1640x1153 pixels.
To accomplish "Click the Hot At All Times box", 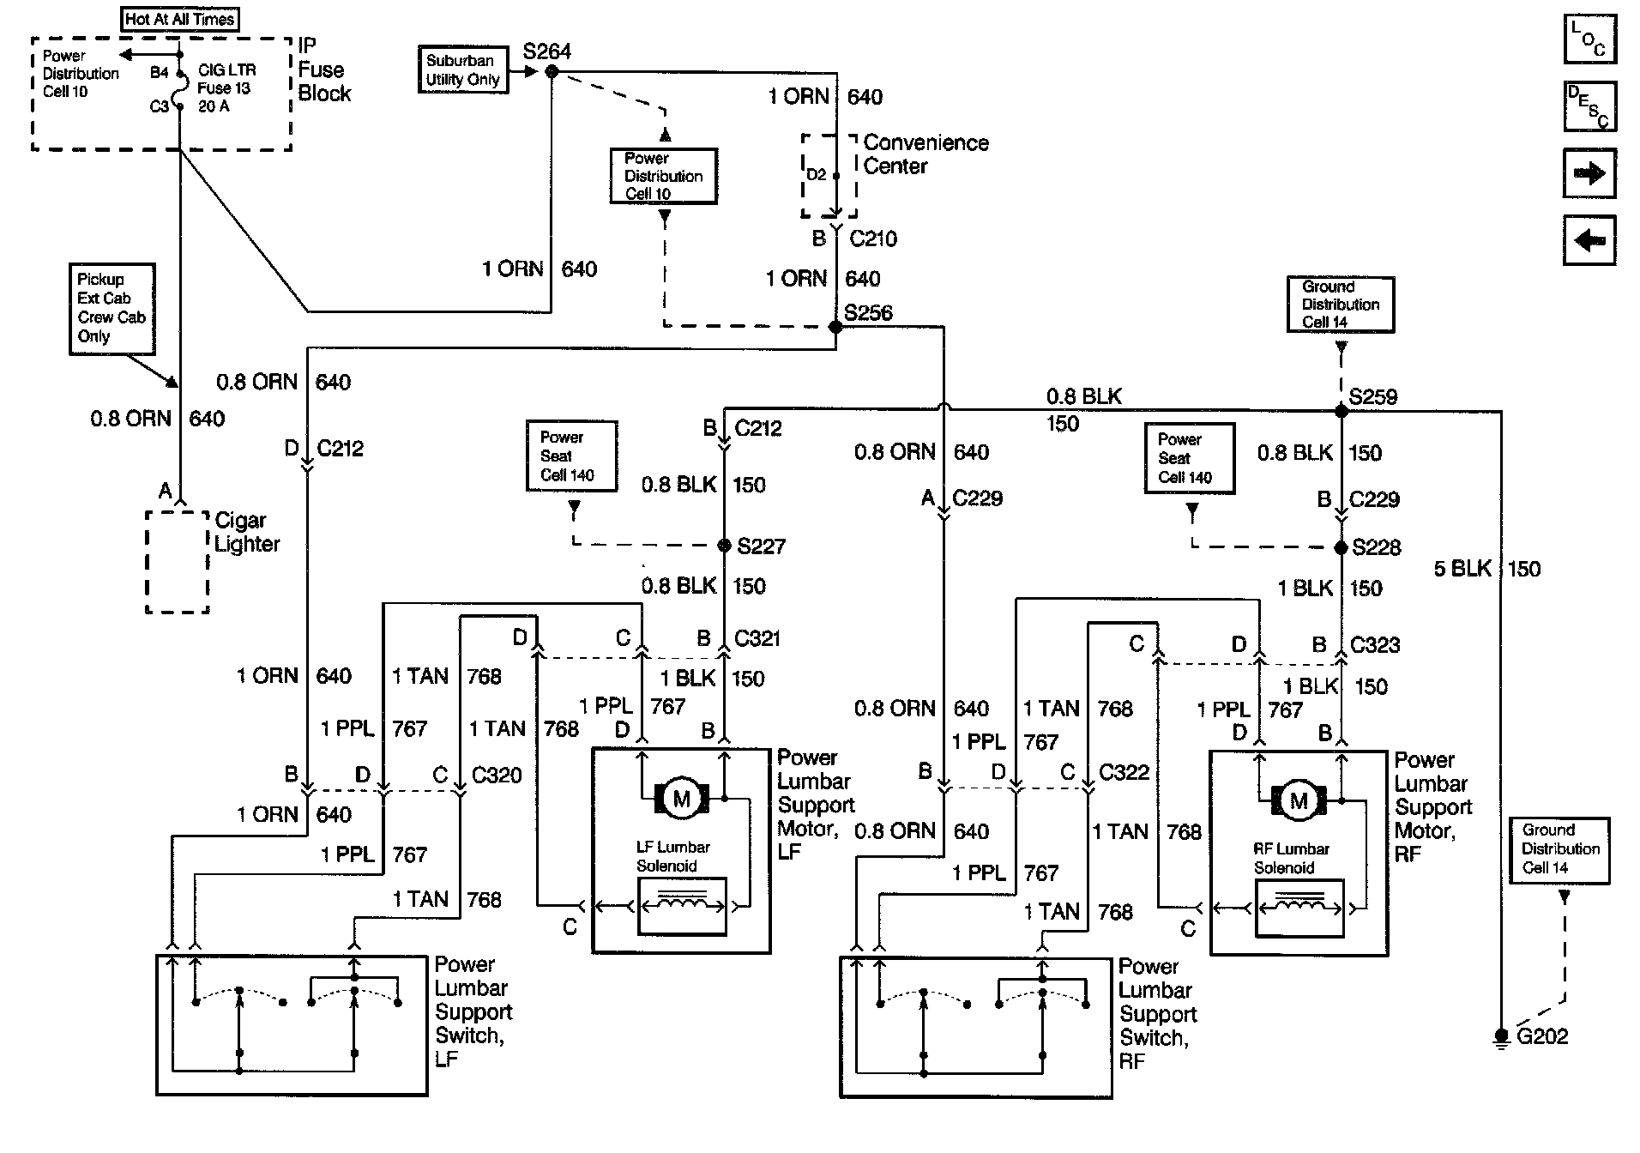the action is click(180, 19).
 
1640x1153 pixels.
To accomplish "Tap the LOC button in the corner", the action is click(1589, 39).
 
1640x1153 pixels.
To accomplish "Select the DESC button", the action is click(1589, 106).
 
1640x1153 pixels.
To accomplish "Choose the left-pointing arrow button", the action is click(1589, 240).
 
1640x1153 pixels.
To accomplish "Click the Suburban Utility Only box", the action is click(463, 69).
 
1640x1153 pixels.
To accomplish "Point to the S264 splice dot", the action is click(552, 72).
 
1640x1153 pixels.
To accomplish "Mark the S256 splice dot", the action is click(835, 327).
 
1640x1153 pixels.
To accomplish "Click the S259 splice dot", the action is click(1342, 411).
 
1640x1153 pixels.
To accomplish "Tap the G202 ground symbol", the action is click(1501, 1037).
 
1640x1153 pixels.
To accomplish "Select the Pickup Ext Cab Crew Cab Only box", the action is click(112, 309).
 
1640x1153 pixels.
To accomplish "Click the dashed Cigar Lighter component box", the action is click(178, 563).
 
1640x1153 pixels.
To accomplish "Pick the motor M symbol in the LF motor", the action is click(682, 800).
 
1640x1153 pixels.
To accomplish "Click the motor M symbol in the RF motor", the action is click(1299, 801).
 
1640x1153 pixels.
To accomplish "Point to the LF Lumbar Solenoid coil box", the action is click(683, 906).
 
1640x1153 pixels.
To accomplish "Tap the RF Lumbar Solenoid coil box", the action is click(1299, 908).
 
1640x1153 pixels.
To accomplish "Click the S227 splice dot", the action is click(723, 546).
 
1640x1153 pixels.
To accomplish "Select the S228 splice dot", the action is click(1342, 547).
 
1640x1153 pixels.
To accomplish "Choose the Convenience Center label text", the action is click(926, 154).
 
